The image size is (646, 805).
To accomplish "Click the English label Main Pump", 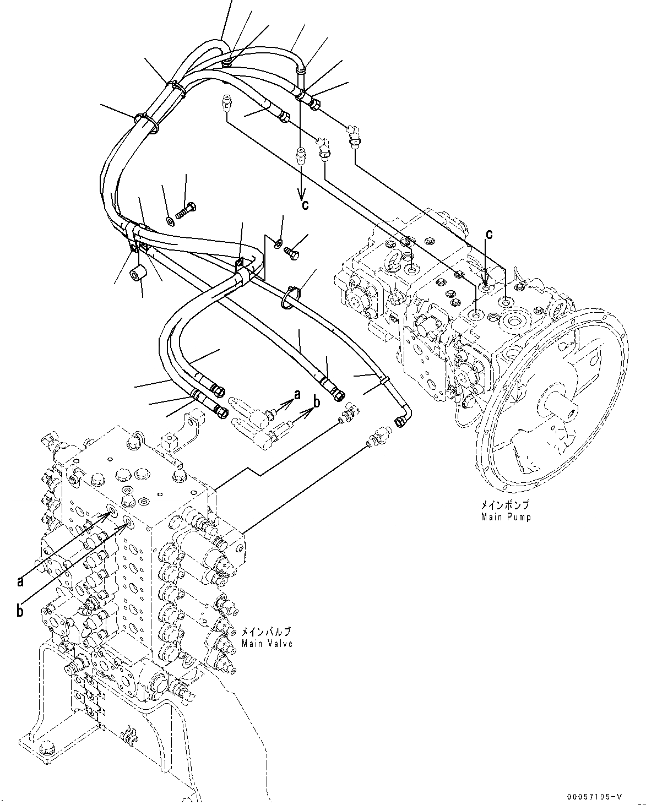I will (x=506, y=517).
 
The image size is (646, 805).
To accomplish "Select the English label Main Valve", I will (x=267, y=643).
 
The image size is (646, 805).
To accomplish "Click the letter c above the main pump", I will (x=488, y=234).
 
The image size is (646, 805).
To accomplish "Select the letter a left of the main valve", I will (x=20, y=581).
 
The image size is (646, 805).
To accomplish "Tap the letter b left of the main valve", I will (x=20, y=611).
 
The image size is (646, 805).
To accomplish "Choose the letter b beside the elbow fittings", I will (x=316, y=402).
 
